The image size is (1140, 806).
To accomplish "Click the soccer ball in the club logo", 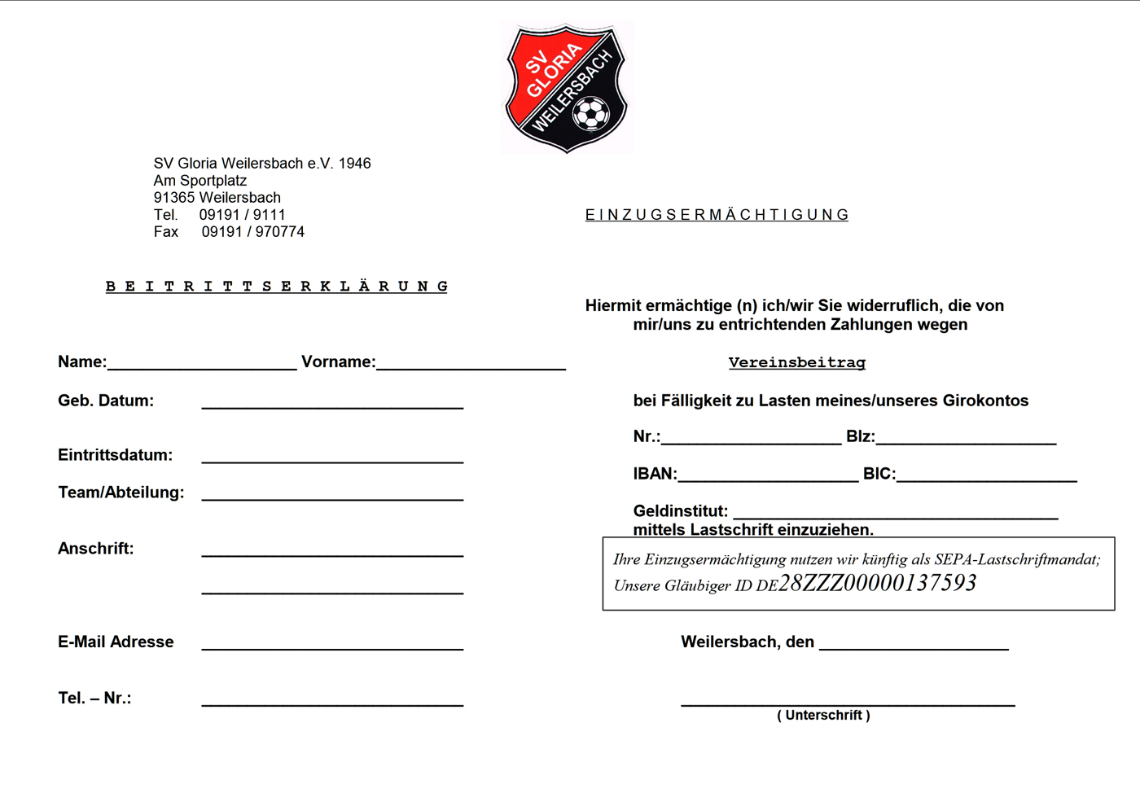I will point(591,114).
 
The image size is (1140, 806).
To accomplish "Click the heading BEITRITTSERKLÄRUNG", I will point(277,287).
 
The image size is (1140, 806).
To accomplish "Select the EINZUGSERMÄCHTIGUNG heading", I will point(717,215).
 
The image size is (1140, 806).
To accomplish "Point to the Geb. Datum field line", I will point(332,405).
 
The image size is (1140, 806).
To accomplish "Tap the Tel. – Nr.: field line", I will point(332,703).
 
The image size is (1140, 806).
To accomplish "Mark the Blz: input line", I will point(966,441).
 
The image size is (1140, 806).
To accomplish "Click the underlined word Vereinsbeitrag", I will point(796,362).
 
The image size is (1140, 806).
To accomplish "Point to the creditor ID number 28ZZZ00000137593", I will point(877,583).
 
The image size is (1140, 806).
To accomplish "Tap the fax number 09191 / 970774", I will point(253,232).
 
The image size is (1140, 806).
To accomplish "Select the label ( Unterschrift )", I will point(823,716).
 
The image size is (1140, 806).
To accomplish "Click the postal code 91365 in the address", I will point(174,198).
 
